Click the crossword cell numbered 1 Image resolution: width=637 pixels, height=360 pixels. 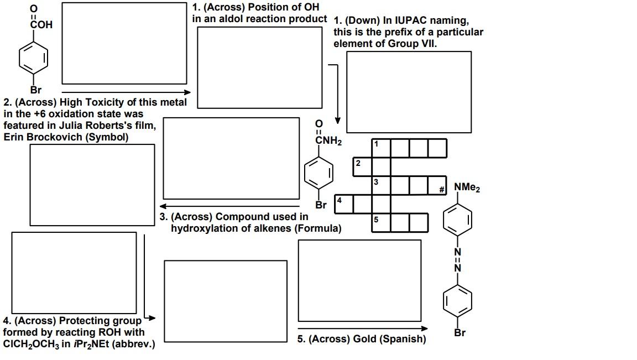381,148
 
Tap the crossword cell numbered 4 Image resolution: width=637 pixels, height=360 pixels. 343,204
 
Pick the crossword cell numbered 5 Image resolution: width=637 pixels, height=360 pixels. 381,222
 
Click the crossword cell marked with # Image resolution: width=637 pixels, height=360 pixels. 437,186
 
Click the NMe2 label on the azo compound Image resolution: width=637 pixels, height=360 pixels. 467,188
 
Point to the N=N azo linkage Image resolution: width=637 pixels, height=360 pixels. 457,260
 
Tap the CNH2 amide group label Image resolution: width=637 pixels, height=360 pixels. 328,141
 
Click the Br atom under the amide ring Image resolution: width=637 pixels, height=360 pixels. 321,205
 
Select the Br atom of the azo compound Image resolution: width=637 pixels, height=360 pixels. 460,333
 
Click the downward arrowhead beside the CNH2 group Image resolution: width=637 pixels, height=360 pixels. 337,121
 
